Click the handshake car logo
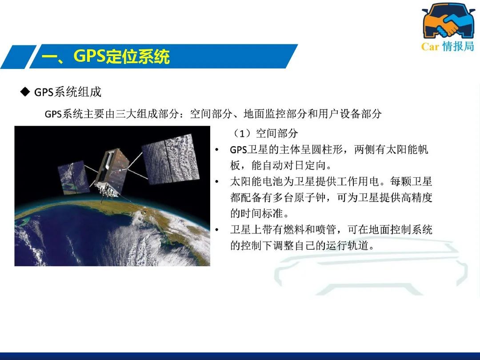coord(448,20)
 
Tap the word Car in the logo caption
coord(430,47)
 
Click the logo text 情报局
coord(458,46)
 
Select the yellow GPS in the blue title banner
coord(89,56)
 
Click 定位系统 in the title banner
coord(138,56)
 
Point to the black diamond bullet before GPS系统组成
coord(25,92)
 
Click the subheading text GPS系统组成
coord(68,92)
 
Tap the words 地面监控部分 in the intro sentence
coord(275,114)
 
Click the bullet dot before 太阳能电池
coord(217,182)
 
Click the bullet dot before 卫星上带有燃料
coord(217,230)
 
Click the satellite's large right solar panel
coord(171,159)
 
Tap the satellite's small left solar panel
coord(73,177)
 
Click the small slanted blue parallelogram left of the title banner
coord(18,57)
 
